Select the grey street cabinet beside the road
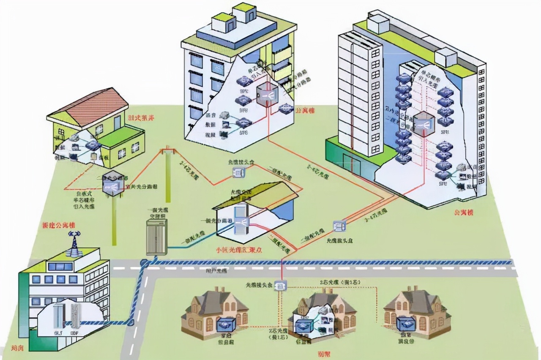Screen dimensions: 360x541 tap(156, 237)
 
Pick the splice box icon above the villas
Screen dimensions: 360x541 tap(281, 286)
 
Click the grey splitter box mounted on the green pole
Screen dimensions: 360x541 tap(113, 184)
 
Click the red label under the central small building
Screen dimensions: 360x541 tap(239, 249)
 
